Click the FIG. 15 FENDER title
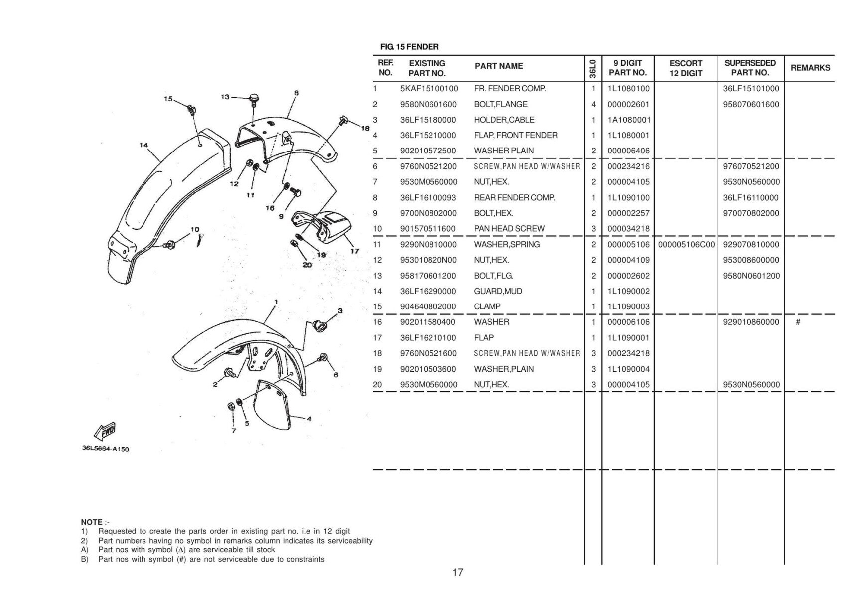coord(409,47)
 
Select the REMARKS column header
coord(810,68)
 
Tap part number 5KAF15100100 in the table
coord(429,89)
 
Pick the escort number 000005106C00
coord(686,244)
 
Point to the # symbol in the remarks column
coord(798,322)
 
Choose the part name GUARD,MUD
coord(498,291)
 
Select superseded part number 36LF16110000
coord(751,197)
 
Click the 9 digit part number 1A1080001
coord(629,120)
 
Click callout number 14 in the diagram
coord(143,145)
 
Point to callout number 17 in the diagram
coord(354,251)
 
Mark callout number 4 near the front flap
coord(309,419)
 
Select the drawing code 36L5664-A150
coord(105,448)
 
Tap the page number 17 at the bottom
coord(457,572)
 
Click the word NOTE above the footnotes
coord(92,522)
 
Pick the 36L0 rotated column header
coord(592,68)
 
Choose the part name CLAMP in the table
coord(487,306)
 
